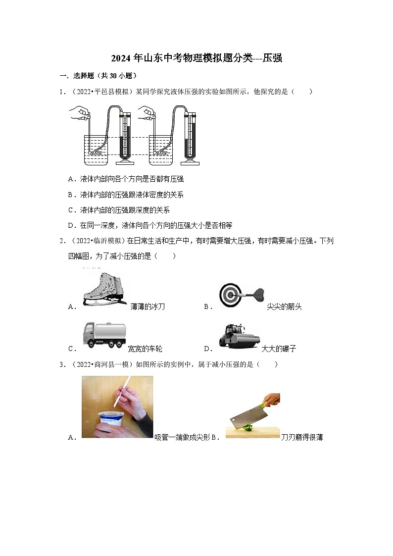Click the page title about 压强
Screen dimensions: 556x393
(x=196, y=58)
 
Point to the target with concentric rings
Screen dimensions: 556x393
(x=230, y=295)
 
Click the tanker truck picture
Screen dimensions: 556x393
(x=104, y=335)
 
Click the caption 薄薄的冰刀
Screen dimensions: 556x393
(x=147, y=307)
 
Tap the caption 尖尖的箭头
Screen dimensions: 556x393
(x=284, y=307)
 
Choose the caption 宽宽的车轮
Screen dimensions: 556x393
(x=145, y=349)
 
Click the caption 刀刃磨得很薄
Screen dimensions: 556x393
(x=302, y=438)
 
